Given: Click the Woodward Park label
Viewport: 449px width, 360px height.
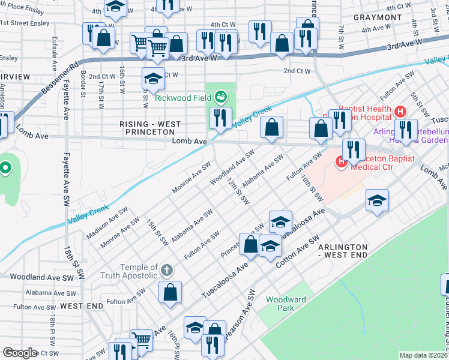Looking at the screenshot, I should (x=286, y=304).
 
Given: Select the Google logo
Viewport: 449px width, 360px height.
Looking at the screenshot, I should (x=20, y=352).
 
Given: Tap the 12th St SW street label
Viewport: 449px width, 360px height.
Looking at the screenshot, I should (x=238, y=191).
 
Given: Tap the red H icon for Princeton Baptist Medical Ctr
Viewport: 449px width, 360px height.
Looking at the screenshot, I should (x=341, y=161).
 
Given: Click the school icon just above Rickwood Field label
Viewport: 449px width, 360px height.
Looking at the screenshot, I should (x=153, y=78).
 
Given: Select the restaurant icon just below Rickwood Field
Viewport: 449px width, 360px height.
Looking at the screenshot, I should (x=220, y=118).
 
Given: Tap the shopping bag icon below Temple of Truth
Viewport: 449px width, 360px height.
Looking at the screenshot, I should (x=170, y=292).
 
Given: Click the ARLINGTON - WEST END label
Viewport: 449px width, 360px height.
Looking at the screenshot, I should (x=343, y=251).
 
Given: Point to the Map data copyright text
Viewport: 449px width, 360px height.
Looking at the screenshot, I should (x=423, y=355).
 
